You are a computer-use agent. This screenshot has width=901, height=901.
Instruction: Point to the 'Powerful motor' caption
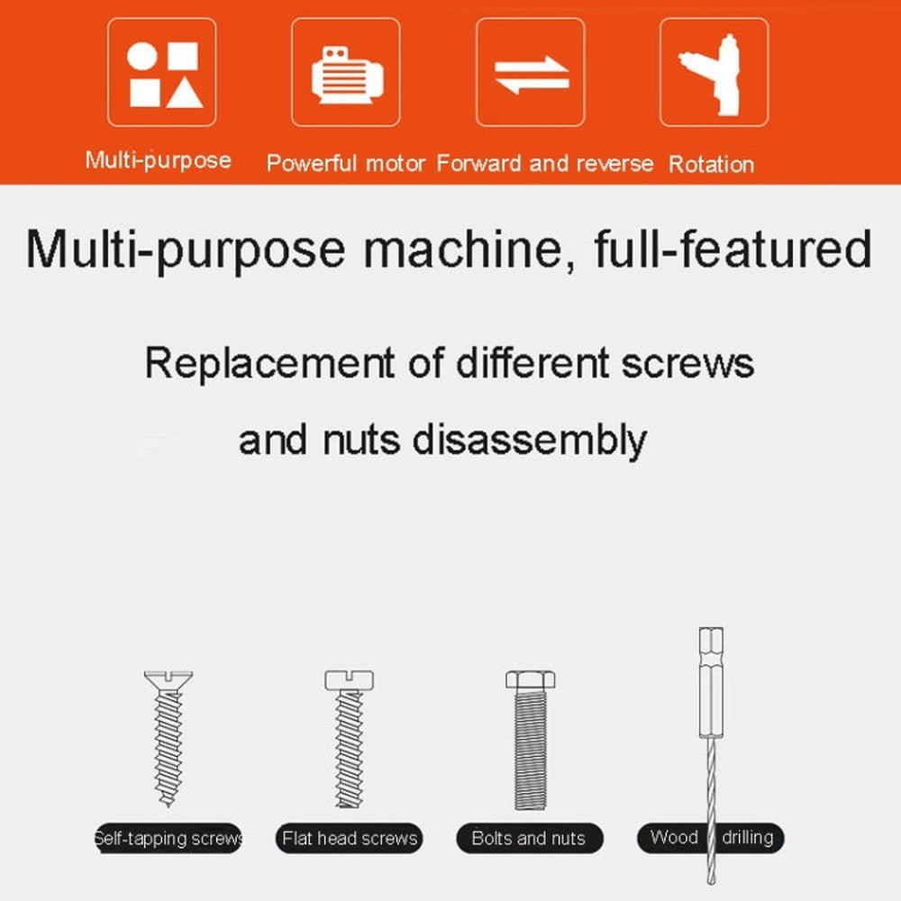(x=346, y=164)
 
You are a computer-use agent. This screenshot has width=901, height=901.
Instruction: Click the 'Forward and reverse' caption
(x=545, y=164)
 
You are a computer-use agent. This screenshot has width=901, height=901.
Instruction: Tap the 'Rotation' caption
(x=712, y=164)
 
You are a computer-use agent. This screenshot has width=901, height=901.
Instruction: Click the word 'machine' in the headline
(x=463, y=250)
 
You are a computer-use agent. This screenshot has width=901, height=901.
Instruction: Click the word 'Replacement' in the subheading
(x=269, y=363)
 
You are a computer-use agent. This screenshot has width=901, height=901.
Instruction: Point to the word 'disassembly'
(x=529, y=441)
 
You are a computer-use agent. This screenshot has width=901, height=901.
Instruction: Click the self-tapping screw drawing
(x=168, y=739)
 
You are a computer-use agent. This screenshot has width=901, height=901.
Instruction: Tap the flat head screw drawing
(x=350, y=740)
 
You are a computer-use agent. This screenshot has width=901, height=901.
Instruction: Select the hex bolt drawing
(x=531, y=740)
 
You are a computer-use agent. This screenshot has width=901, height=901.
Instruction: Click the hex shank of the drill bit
(x=712, y=683)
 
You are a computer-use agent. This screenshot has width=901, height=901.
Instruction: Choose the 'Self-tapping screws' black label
(x=168, y=838)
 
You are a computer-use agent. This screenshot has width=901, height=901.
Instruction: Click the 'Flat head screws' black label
(x=350, y=838)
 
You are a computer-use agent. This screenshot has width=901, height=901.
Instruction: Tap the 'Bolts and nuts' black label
(x=530, y=838)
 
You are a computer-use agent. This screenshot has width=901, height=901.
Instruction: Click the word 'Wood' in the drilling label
(x=674, y=837)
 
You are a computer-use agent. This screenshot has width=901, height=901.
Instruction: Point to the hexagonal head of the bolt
(x=531, y=680)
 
